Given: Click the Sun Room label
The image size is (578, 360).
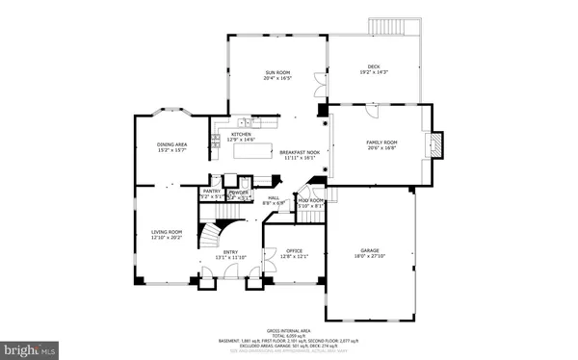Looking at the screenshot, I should click(277, 73).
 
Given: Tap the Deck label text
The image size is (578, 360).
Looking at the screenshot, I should click(374, 66).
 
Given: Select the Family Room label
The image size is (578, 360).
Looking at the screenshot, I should click(381, 142).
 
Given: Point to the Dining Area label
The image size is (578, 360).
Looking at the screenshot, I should click(171, 144).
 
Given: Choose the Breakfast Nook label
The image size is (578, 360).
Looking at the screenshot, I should click(298, 153).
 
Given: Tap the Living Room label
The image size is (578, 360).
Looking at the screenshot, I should click(166, 231).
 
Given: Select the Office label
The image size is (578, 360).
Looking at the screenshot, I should click(293, 253).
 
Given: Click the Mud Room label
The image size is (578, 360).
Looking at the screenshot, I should click(310, 200).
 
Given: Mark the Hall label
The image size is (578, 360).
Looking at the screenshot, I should click(273, 197).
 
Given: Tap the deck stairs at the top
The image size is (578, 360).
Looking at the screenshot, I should click(394, 26).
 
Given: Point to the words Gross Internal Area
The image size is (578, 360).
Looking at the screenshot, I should click(289, 325).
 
